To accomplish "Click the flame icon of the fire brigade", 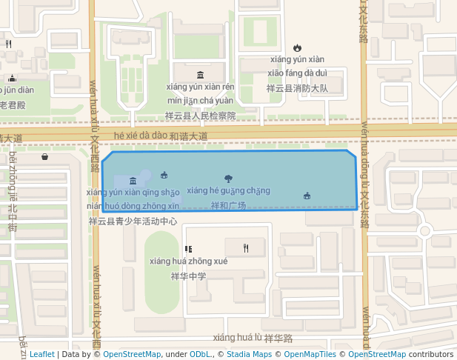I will [x=298, y=48].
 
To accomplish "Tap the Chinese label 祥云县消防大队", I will [x=297, y=88].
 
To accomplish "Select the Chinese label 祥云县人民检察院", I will [x=200, y=116].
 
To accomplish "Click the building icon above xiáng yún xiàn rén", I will [x=201, y=74].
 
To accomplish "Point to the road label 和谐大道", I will [x=188, y=136].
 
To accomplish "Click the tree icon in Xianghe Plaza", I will [x=228, y=178].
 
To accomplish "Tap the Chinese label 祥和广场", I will [x=228, y=205].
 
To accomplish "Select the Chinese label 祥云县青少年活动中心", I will [x=133, y=221].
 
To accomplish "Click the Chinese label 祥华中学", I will [x=188, y=276].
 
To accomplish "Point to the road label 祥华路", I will [x=278, y=338].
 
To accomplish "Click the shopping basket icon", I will [x=45, y=156].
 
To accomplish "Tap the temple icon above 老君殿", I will [x=12, y=78].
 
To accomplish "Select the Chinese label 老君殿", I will [x=12, y=105].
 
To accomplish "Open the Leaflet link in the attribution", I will [x=41, y=354].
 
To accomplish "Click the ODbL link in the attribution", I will [x=201, y=354].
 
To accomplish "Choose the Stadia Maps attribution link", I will [x=249, y=354].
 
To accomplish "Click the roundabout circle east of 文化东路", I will [x=425, y=230].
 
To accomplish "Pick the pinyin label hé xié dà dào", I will [x=141, y=136].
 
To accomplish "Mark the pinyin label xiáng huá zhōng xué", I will [x=188, y=261].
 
